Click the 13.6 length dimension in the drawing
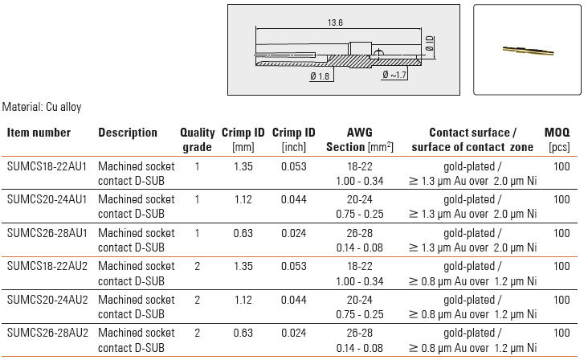pos(335,22)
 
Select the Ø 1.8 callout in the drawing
pos(320,76)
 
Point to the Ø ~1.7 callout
pos(394,75)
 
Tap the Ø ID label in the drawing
pos(430,43)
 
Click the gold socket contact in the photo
pos(528,51)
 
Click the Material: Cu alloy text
pos(42,107)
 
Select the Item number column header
pos(39,133)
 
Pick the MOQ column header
pos(557,133)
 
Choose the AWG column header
pos(359,133)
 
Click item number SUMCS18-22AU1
pos(47,166)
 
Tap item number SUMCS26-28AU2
pos(47,333)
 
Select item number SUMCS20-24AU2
pos(47,300)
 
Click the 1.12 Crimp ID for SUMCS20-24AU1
pos(243,199)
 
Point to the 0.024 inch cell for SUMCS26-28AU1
pos(294,233)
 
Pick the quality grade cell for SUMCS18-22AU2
pos(198,266)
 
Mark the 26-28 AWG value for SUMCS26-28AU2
pos(359,333)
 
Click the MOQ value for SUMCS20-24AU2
pos(561,300)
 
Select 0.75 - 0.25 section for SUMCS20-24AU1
pos(360,214)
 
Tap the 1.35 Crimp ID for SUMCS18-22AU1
pos(243,166)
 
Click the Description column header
pos(128,133)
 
